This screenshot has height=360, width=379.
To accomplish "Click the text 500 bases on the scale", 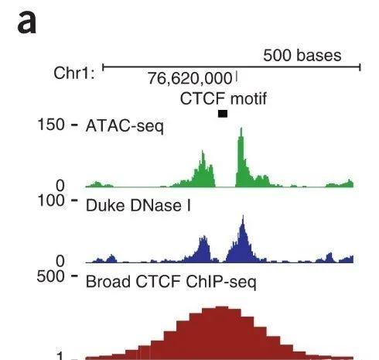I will click(302, 56).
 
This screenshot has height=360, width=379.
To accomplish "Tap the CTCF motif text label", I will click(223, 99).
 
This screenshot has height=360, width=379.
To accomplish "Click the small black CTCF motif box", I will click(223, 114).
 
